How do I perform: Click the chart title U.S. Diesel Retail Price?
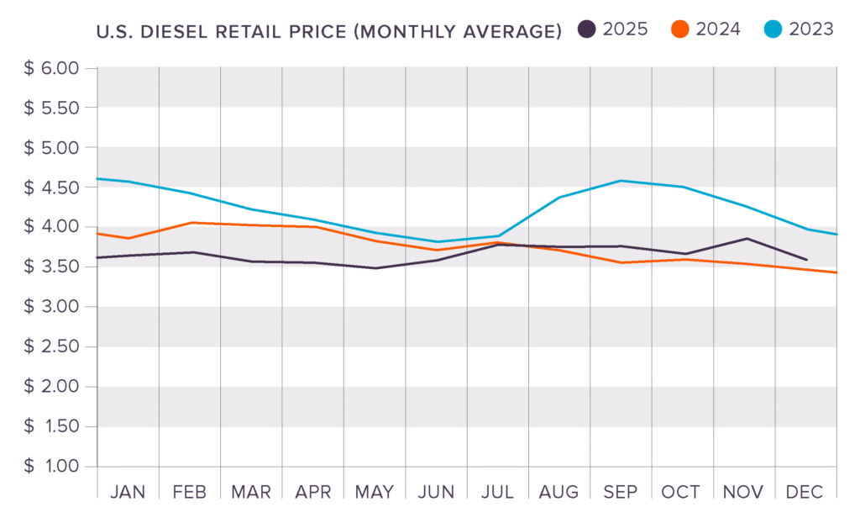pyautogui.click(x=328, y=33)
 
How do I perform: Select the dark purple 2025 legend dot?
pyautogui.click(x=587, y=29)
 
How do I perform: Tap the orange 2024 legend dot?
pyautogui.click(x=680, y=29)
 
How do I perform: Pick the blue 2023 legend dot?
pyautogui.click(x=773, y=29)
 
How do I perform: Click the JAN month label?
pyautogui.click(x=128, y=492)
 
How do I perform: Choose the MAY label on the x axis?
pyautogui.click(x=375, y=492)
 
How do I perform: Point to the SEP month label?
pyautogui.click(x=621, y=492)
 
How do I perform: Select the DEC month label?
pyautogui.click(x=805, y=492)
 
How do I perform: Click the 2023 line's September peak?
pyautogui.click(x=621, y=180)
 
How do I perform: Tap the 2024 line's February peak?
pyautogui.click(x=191, y=223)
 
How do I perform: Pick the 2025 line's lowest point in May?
pyautogui.click(x=375, y=268)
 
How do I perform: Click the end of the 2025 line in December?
pyautogui.click(x=807, y=260)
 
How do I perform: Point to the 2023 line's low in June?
pyautogui.click(x=437, y=242)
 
